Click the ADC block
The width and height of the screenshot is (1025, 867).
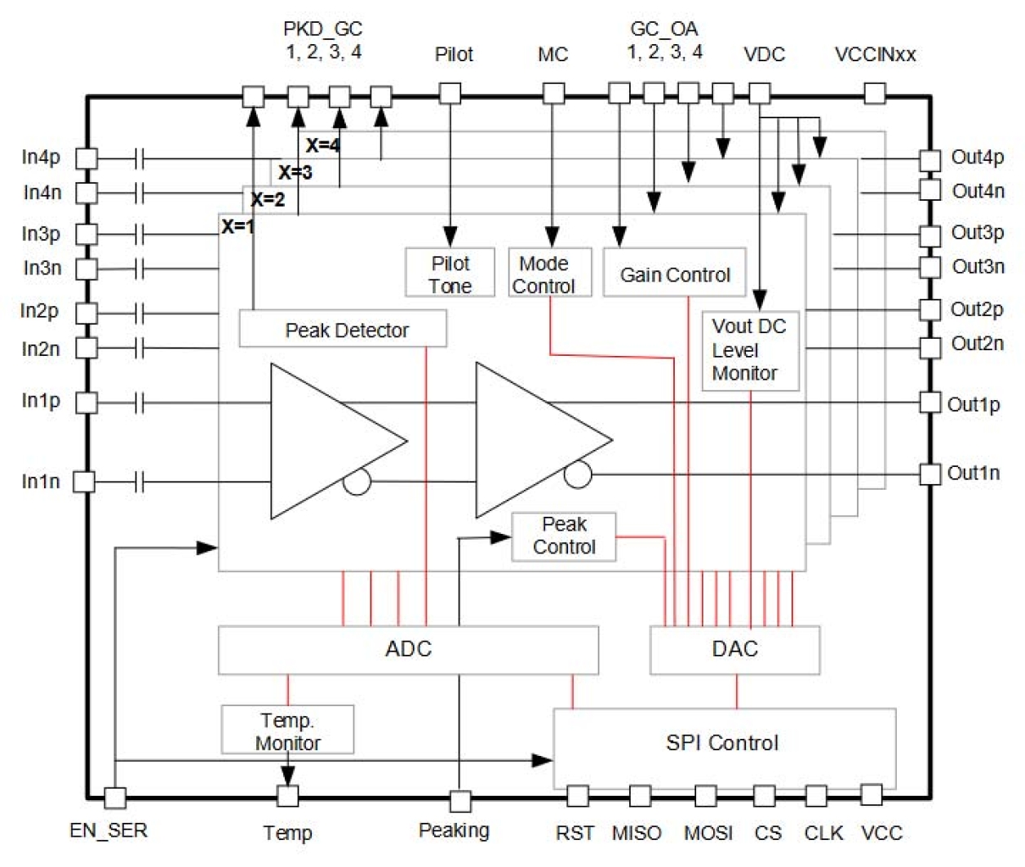tap(408, 650)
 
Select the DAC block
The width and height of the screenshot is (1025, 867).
tap(734, 650)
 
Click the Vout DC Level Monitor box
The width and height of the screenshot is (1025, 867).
tap(749, 351)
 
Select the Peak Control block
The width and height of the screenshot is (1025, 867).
tap(564, 536)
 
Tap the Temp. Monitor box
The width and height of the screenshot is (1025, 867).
tap(287, 730)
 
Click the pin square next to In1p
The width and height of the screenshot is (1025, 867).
tap(86, 402)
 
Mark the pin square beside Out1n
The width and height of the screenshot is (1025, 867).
tap(930, 474)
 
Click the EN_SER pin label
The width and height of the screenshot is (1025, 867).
tap(109, 831)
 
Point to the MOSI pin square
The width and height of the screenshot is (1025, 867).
tap(706, 796)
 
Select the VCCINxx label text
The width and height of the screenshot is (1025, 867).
tap(875, 55)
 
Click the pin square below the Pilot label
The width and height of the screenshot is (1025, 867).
tap(450, 93)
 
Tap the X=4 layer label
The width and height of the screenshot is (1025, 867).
tap(323, 146)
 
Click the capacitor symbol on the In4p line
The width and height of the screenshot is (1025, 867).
tap(140, 158)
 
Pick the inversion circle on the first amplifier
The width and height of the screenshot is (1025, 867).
tap(357, 481)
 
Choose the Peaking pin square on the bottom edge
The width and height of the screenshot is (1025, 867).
tap(460, 801)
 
